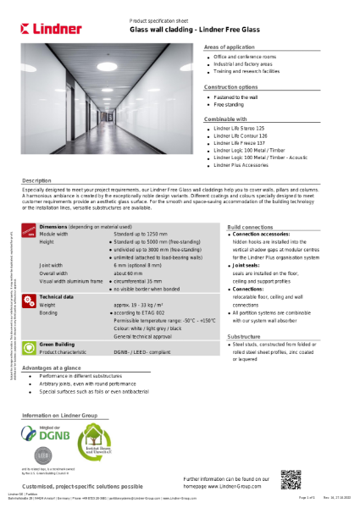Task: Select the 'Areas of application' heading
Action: pos(229,48)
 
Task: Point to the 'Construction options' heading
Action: pos(231,87)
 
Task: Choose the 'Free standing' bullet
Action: pos(228,104)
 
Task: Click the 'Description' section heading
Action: pos(37,181)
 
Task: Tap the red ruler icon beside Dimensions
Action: pos(30,231)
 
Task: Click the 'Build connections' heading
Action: pos(251,228)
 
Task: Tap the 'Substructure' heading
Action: pos(244,336)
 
